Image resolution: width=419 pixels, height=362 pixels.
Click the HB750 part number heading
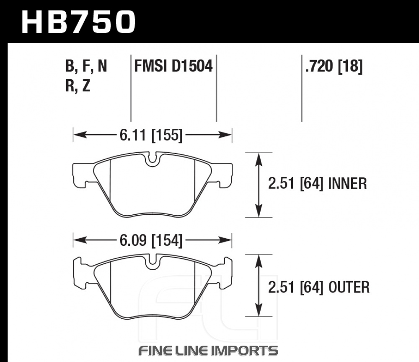tap(78, 22)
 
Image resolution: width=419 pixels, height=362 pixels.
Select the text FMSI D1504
tap(173, 66)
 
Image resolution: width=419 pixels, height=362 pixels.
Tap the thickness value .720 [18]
tap(334, 66)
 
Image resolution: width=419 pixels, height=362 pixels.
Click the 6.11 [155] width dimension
tap(151, 135)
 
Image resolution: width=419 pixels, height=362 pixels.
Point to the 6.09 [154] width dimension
tap(151, 240)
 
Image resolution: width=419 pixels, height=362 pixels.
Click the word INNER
tap(347, 184)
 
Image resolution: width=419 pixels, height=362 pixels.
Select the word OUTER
tap(349, 287)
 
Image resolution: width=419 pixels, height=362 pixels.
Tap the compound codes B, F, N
tap(86, 66)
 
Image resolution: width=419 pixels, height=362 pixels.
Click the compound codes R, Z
tap(78, 86)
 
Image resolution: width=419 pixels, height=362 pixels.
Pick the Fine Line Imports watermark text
tap(208, 351)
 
